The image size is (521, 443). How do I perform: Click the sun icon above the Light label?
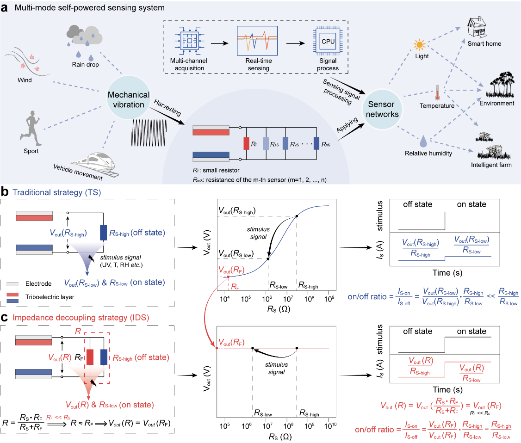pos(420,45)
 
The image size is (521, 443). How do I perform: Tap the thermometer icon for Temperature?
pos(436,92)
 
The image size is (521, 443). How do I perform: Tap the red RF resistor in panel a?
pos(246,144)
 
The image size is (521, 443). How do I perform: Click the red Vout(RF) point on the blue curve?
pos(228,277)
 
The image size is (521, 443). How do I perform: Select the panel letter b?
pos(4,191)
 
